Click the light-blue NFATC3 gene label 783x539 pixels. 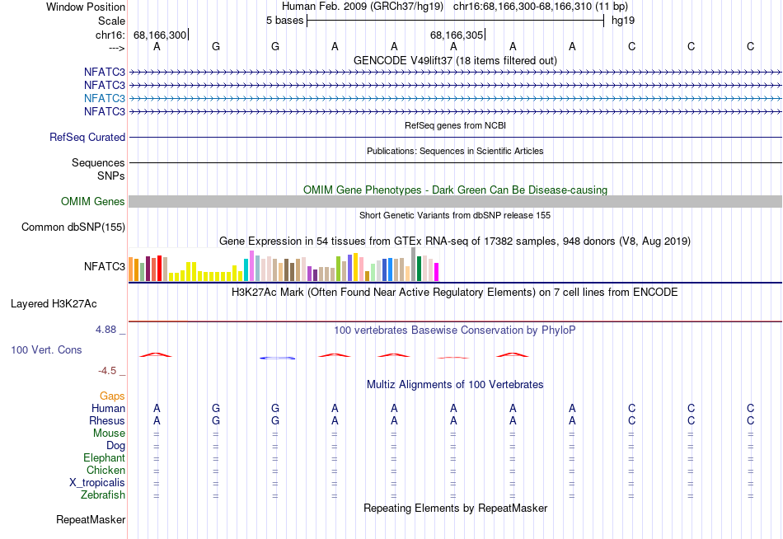(x=104, y=98)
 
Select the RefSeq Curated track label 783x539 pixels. (x=87, y=138)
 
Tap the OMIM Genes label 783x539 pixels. (x=93, y=202)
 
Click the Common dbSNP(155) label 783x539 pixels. (x=73, y=227)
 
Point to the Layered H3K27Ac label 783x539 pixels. (x=54, y=304)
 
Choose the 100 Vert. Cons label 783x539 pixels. (x=46, y=350)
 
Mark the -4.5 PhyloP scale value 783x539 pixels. (x=108, y=371)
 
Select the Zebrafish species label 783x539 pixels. (x=103, y=495)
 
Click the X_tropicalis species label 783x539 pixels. (x=97, y=483)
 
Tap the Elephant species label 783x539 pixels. (x=104, y=458)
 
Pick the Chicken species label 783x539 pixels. (x=105, y=471)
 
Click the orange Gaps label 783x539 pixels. (x=112, y=396)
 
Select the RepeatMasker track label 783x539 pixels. (x=91, y=520)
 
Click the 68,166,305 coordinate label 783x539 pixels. (x=457, y=35)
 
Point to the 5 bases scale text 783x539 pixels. (x=284, y=21)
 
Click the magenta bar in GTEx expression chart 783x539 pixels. (x=437, y=271)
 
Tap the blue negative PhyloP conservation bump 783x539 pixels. (x=277, y=358)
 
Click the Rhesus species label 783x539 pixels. (x=107, y=421)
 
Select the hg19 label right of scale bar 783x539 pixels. (x=622, y=21)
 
